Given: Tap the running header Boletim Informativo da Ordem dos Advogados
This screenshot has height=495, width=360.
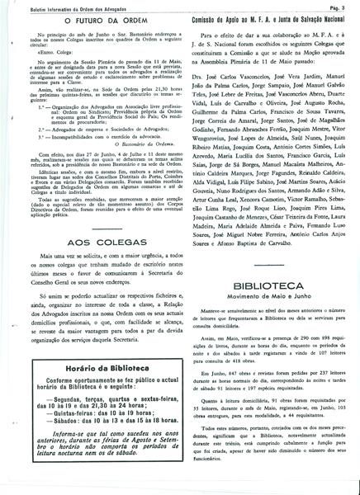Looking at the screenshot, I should point(62,7).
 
